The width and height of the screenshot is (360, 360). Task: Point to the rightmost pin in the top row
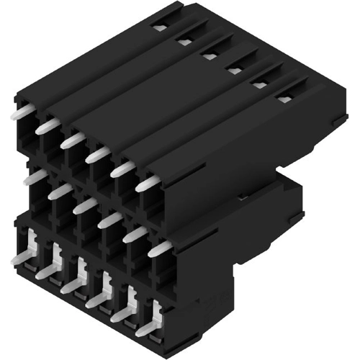[145, 184]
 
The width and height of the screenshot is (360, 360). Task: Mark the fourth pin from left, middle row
[109, 220]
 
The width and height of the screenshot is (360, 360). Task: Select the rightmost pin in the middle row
[161, 248]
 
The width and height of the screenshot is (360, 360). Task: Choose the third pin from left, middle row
[85, 206]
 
